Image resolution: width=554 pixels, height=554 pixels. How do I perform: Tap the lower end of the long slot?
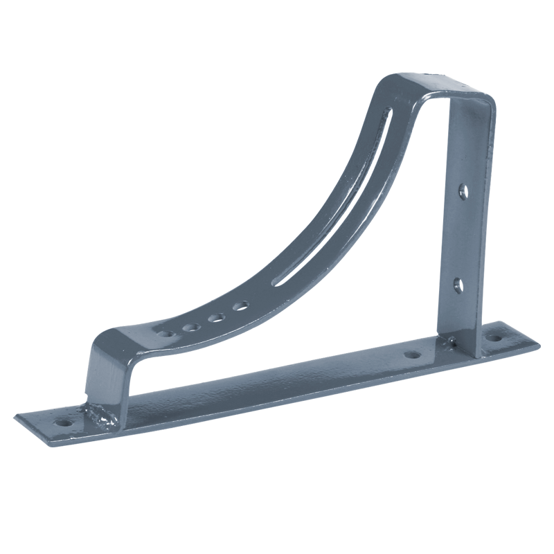pos(278,280)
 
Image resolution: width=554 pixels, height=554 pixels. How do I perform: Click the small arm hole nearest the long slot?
pos(240,305)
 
